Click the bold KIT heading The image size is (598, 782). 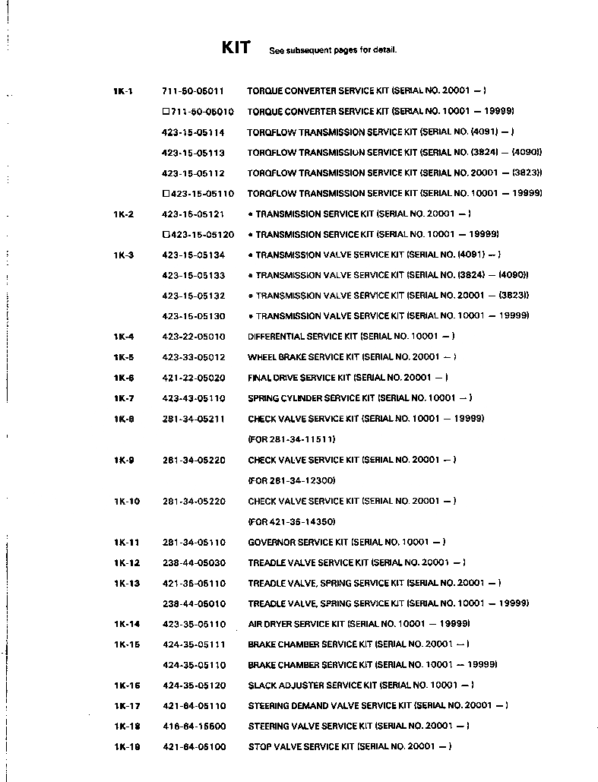pyautogui.click(x=236, y=48)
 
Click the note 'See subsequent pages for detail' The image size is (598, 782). pyautogui.click(x=333, y=51)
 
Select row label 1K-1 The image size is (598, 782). pyautogui.click(x=123, y=91)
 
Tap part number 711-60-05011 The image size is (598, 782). pyautogui.click(x=193, y=91)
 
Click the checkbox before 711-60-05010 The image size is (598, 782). pyautogui.click(x=166, y=112)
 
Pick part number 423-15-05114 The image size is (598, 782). pyautogui.click(x=193, y=132)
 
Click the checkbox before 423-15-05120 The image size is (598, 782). pyautogui.click(x=166, y=235)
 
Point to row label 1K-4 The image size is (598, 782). pyautogui.click(x=124, y=337)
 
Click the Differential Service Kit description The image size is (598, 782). pyautogui.click(x=351, y=337)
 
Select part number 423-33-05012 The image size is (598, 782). pyautogui.click(x=194, y=357)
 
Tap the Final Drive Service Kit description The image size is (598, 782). pyautogui.click(x=347, y=378)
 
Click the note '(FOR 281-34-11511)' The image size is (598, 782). pyautogui.click(x=292, y=439)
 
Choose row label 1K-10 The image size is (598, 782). pyautogui.click(x=127, y=502)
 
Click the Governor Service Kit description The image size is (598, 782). pyautogui.click(x=346, y=543)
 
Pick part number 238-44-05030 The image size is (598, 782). pyautogui.click(x=194, y=563)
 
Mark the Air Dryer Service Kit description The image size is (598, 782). pyautogui.click(x=359, y=624)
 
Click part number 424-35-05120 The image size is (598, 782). pyautogui.click(x=194, y=685)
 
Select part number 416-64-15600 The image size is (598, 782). pyautogui.click(x=194, y=727)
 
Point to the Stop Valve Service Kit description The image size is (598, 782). pyautogui.click(x=350, y=747)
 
